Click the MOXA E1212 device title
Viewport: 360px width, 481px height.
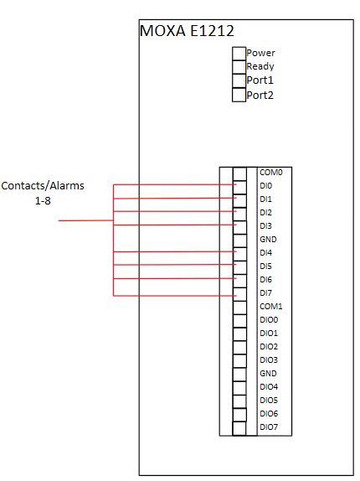click(187, 31)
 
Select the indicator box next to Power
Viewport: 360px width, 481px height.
click(239, 54)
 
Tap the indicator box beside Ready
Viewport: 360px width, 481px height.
click(239, 67)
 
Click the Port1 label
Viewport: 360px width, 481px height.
click(260, 80)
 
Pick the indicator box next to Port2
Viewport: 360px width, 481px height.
click(239, 95)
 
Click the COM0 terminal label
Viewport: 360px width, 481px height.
click(271, 173)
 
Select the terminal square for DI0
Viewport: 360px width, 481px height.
click(239, 187)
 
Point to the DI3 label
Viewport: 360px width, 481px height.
click(265, 226)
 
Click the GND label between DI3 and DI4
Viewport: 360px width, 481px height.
click(268, 240)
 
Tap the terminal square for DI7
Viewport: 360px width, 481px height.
click(239, 294)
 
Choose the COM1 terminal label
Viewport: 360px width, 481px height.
click(271, 307)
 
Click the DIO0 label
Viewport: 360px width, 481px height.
click(269, 320)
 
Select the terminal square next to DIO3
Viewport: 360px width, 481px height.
click(239, 361)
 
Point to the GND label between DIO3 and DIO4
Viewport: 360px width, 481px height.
click(268, 374)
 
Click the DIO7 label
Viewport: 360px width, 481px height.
click(269, 427)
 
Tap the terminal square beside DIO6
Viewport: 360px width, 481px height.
click(239, 415)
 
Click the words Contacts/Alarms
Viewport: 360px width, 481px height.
click(43, 186)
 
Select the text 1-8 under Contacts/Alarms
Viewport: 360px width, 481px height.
click(43, 201)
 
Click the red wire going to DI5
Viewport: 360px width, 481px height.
click(175, 265)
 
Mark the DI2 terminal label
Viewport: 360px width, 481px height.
click(265, 213)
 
